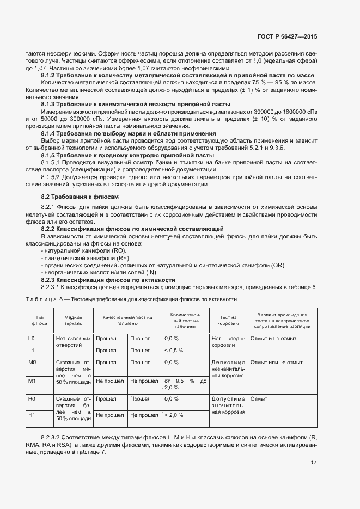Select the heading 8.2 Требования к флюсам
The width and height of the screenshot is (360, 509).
pos(80,196)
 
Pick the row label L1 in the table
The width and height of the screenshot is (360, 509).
pos(32,350)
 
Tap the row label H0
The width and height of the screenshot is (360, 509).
pos(32,399)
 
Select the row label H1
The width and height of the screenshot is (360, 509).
pos(32,415)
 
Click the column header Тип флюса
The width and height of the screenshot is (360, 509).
pos(39,320)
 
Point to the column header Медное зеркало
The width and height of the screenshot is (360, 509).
pos(73,320)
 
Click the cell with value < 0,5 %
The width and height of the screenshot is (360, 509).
pos(174,350)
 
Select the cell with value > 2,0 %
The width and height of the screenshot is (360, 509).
pos(174,415)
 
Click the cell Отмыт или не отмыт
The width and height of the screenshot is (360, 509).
pos(277,362)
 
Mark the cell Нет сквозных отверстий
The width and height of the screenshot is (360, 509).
pos(73,342)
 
